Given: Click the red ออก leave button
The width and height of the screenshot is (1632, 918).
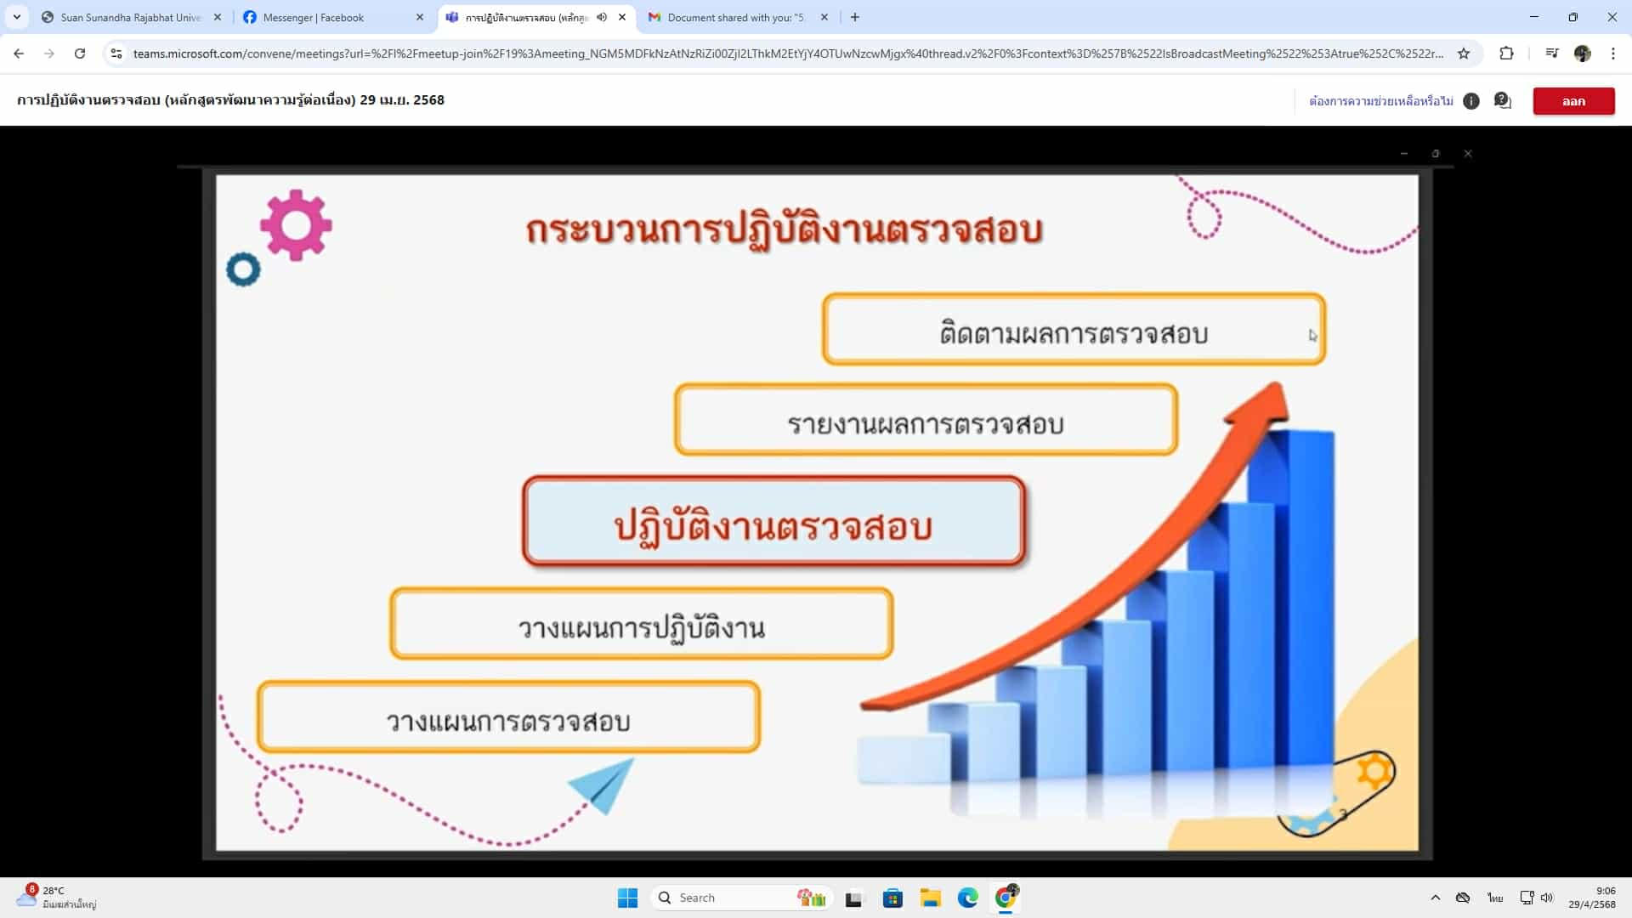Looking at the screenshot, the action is (1573, 101).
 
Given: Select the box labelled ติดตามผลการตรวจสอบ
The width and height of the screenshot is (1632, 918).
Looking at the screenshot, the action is (1074, 330).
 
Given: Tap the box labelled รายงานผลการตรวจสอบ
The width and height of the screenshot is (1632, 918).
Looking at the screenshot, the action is (926, 420).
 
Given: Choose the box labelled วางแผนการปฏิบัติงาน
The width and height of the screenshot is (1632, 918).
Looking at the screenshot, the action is (641, 624).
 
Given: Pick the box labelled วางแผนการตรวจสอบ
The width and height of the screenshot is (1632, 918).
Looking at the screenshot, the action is (508, 717).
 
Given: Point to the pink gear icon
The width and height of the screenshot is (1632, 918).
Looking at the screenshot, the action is (296, 224).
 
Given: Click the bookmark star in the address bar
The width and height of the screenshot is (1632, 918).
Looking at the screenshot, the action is (1464, 54).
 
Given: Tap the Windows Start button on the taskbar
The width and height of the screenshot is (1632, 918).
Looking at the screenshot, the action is (627, 898).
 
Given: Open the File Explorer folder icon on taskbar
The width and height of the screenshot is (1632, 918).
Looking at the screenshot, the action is (930, 898).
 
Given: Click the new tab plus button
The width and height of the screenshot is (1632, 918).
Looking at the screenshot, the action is (855, 17).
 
